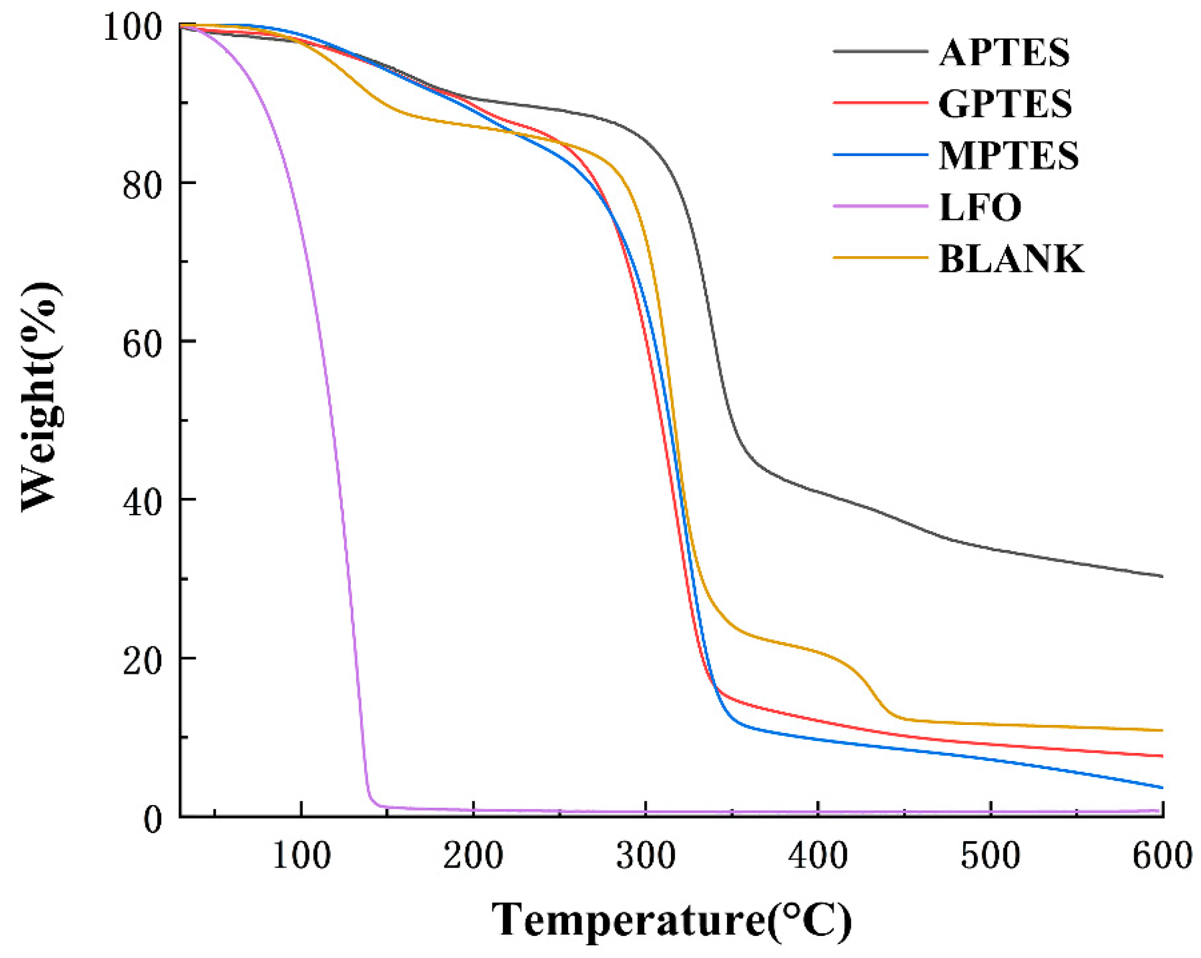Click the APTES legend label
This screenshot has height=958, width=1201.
1005,53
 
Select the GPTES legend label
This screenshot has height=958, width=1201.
1006,104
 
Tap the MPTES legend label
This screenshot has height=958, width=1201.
1009,156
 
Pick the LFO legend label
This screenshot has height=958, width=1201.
980,207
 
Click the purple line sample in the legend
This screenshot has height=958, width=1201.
880,206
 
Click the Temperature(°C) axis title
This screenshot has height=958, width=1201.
671,920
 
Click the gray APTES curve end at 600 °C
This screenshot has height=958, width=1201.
1161,576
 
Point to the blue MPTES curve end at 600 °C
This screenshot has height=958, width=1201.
1161,787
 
